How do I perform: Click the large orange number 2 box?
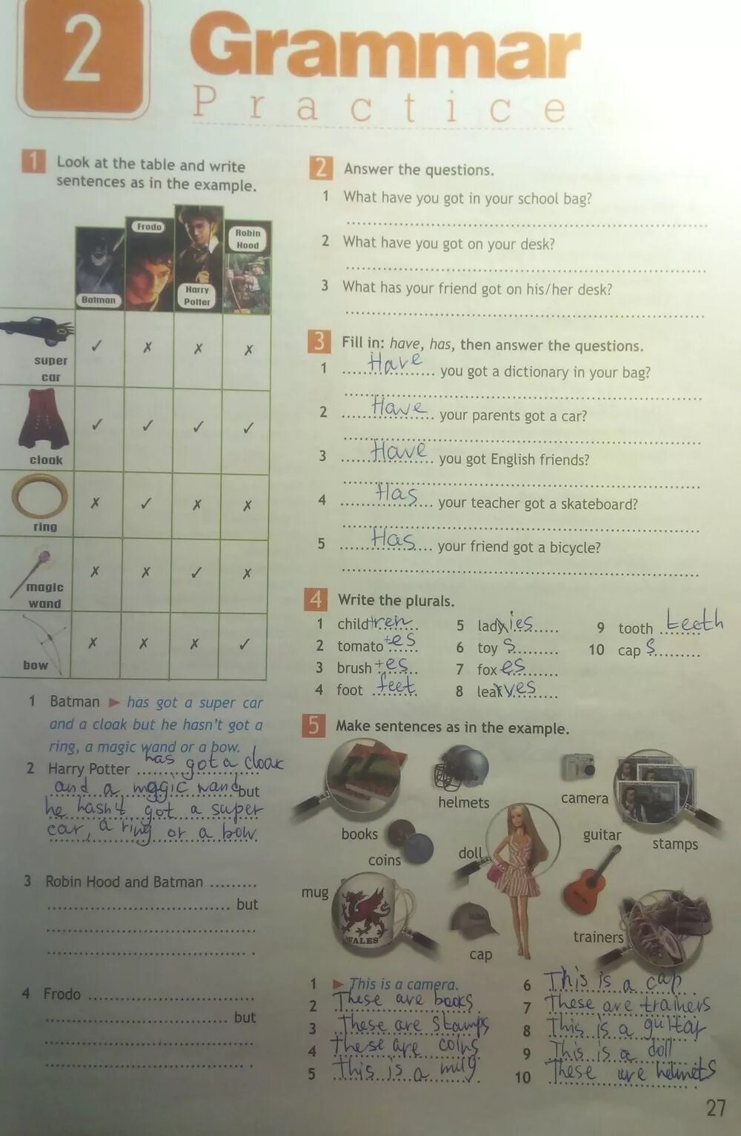click(82, 56)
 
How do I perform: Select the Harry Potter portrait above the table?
click(199, 256)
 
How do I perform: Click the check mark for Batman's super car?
click(96, 346)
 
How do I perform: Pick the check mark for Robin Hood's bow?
click(245, 644)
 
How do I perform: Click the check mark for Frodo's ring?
click(147, 503)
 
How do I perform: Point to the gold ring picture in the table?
click(39, 496)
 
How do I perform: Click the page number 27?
click(716, 1109)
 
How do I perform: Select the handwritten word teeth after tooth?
click(694, 621)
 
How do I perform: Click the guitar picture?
click(591, 881)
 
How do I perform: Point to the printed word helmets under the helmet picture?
click(464, 803)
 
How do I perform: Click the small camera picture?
click(578, 768)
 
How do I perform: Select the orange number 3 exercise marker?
click(319, 342)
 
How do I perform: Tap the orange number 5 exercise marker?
click(313, 725)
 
